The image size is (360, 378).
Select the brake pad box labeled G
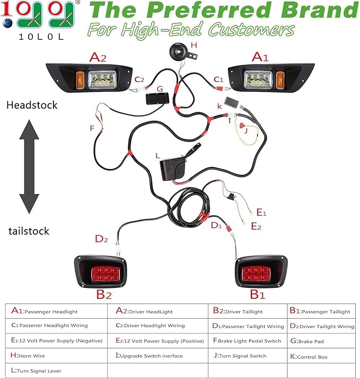(157, 99)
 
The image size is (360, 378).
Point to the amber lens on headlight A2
(80, 80)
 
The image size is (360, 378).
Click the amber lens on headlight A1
(280, 80)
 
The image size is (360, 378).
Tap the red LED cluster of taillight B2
(106, 274)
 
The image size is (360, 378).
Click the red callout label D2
(101, 239)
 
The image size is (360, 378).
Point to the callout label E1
(261, 213)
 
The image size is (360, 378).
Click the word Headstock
(32, 105)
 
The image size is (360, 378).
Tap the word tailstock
(29, 231)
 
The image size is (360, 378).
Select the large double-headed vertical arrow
(29, 166)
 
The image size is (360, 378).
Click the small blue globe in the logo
(7, 23)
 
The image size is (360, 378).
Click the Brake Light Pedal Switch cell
(247, 341)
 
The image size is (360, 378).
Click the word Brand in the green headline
(319, 10)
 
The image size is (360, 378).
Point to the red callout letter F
(92, 128)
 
